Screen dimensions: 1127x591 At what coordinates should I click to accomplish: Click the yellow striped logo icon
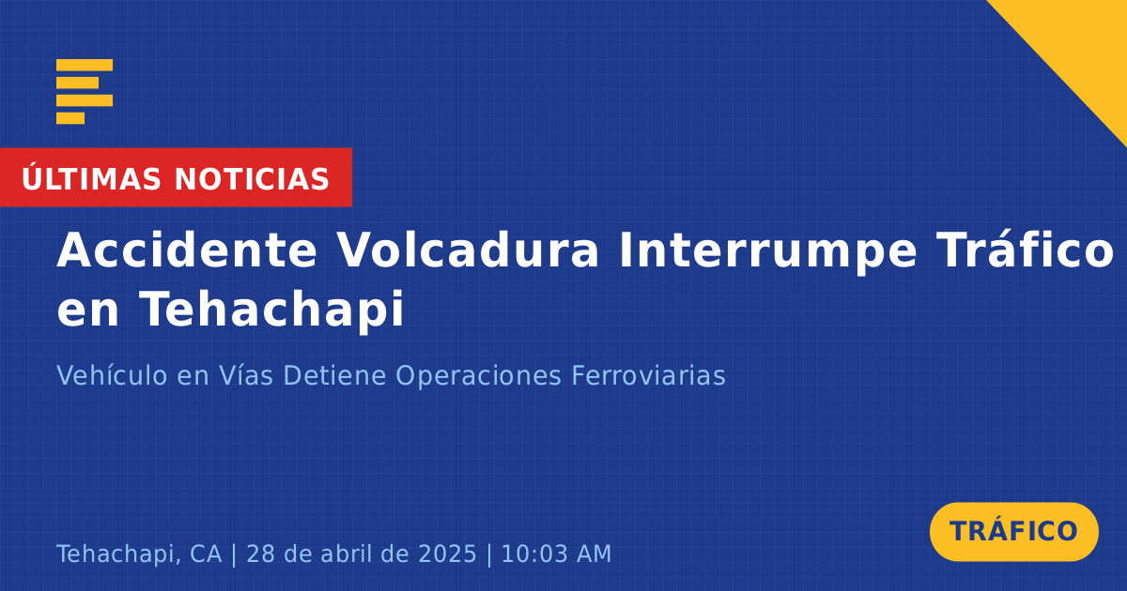(85, 92)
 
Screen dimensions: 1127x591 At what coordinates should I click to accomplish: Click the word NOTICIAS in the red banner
(252, 179)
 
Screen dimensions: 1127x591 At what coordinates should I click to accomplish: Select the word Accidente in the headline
(187, 250)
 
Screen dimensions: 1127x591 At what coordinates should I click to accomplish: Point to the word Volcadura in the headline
(468, 250)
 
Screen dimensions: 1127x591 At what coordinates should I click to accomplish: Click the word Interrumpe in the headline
(768, 252)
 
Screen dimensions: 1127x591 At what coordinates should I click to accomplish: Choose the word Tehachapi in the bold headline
(271, 311)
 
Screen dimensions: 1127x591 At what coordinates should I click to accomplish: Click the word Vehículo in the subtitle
(112, 375)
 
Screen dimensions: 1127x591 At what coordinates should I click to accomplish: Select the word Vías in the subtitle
(245, 375)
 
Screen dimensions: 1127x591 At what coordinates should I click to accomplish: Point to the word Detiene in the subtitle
(334, 375)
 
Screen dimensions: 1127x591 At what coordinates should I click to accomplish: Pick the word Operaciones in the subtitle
(478, 377)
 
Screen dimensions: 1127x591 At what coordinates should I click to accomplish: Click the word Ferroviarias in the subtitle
(649, 375)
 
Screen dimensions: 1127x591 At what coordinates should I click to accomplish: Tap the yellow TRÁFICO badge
(1013, 532)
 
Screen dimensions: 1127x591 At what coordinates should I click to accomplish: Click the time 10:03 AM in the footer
(556, 553)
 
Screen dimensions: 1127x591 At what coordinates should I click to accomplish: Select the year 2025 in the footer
(447, 553)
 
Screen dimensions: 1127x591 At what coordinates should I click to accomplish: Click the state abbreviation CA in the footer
(206, 553)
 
